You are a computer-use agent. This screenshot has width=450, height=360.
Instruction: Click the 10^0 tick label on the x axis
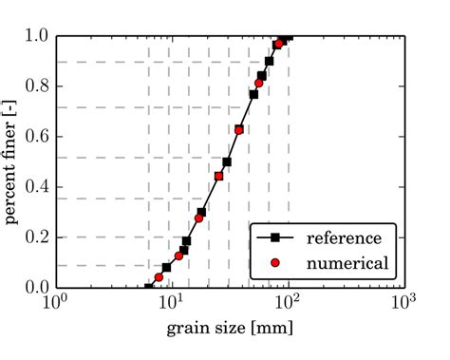pos(55,305)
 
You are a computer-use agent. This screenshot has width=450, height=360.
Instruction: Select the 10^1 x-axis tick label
pos(171,305)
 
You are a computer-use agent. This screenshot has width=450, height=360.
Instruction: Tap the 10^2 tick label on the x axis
pos(288,305)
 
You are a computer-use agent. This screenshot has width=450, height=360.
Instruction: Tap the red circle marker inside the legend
pos(274,261)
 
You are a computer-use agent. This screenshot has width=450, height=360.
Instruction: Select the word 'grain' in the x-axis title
pos(191,329)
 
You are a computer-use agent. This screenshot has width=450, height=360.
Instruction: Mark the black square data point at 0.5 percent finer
pos(227,162)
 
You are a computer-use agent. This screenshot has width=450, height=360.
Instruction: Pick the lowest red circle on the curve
pos(159,277)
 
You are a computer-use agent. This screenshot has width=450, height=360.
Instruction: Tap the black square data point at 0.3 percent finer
pos(201,213)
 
